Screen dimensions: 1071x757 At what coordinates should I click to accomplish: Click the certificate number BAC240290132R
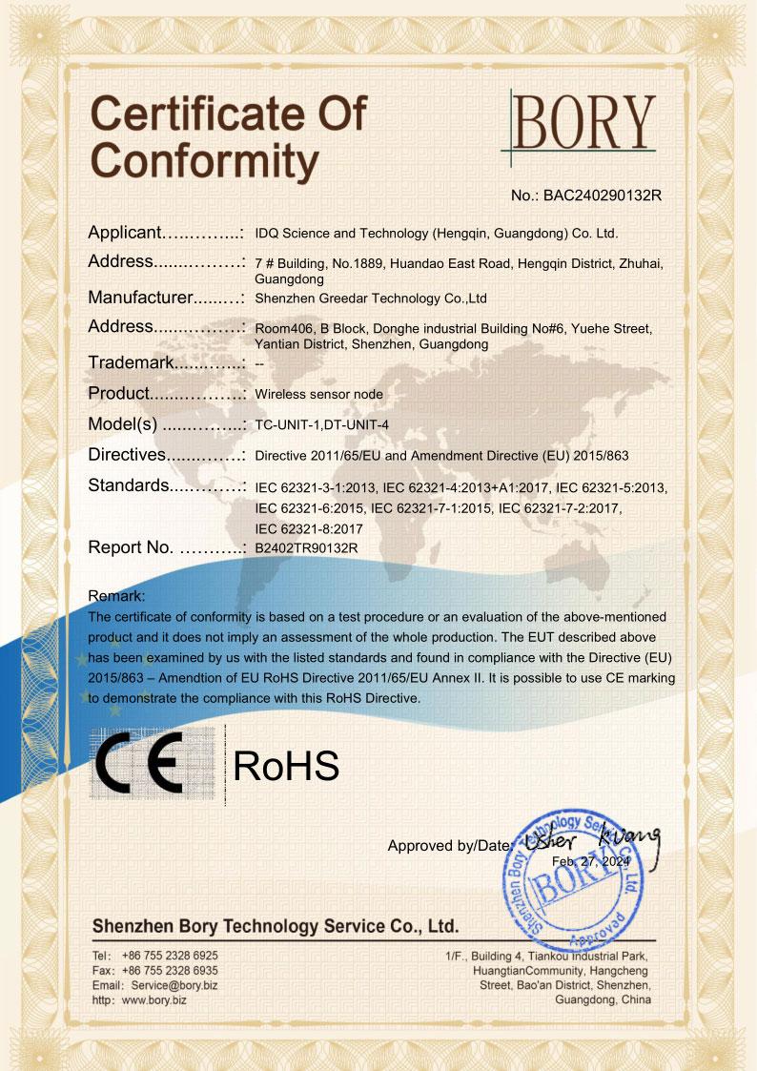click(x=586, y=196)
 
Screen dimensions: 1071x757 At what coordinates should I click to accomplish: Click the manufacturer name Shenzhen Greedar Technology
click(x=371, y=299)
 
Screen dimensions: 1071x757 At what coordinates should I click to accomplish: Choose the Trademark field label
click(x=130, y=362)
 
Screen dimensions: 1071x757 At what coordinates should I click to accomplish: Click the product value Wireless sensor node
click(x=319, y=394)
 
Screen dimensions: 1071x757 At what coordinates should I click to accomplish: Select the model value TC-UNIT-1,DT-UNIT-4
click(x=323, y=425)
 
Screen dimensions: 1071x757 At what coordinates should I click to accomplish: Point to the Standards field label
click(x=128, y=485)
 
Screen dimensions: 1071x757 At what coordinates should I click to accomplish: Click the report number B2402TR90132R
click(x=306, y=548)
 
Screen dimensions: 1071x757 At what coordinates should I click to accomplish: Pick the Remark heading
click(x=116, y=596)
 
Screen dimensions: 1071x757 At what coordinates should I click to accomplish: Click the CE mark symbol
click(x=153, y=766)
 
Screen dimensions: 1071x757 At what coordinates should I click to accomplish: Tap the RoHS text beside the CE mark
click(x=286, y=766)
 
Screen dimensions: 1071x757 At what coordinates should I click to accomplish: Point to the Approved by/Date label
click(x=449, y=845)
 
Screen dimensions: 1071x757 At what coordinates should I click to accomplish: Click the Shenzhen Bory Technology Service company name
click(x=276, y=926)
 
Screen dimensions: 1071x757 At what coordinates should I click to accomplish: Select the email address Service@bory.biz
click(x=174, y=984)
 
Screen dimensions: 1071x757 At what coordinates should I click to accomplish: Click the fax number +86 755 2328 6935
click(x=170, y=969)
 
